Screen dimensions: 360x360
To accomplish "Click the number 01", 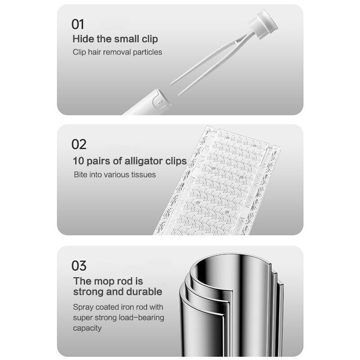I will (78, 24).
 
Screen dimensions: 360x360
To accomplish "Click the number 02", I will (79, 144).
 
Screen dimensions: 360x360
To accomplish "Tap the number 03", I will (79, 265).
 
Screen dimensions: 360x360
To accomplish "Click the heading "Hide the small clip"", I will (115, 39).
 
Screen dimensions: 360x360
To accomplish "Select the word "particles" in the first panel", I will (146, 52).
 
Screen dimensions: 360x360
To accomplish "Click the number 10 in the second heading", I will (78, 161).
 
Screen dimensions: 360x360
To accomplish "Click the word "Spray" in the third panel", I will (83, 307).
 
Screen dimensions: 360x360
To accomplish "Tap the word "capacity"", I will (88, 328).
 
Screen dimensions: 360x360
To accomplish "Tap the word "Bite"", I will (81, 174).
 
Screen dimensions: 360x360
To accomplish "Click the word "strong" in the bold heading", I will (88, 292).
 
